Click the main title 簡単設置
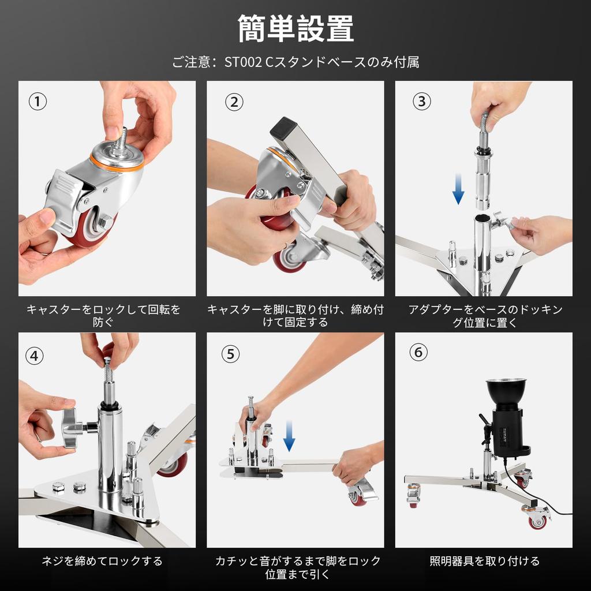[295, 28]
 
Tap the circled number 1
[38, 102]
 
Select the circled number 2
[234, 102]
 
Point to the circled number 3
[422, 101]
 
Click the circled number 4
[34, 356]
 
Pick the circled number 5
[230, 354]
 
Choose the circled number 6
[418, 353]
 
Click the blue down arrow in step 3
[458, 189]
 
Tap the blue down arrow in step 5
[289, 436]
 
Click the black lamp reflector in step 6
[506, 391]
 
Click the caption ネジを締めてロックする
[102, 561]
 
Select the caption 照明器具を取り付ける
[484, 561]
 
